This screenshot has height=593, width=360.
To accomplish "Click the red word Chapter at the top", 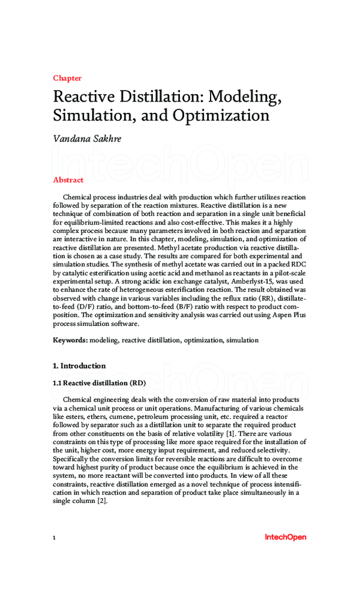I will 67,78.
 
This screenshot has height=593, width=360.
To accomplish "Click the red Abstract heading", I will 68,180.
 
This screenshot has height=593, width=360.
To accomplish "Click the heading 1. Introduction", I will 79,366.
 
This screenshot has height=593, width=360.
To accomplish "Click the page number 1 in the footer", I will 55,538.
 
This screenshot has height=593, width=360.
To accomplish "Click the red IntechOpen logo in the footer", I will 285,537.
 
